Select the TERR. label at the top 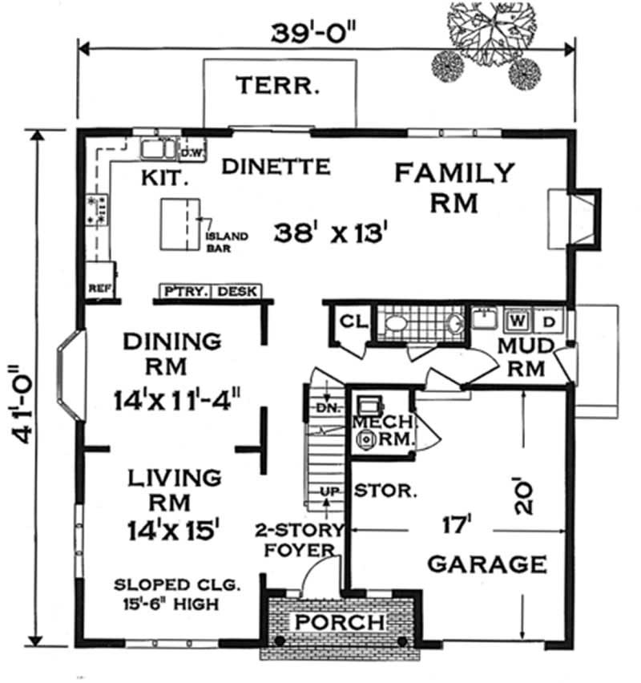(x=276, y=85)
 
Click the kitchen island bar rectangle (x=180, y=226)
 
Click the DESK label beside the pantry (x=237, y=292)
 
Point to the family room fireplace (x=575, y=216)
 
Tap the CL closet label (x=353, y=321)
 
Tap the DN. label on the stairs (x=325, y=408)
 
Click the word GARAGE (x=487, y=564)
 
